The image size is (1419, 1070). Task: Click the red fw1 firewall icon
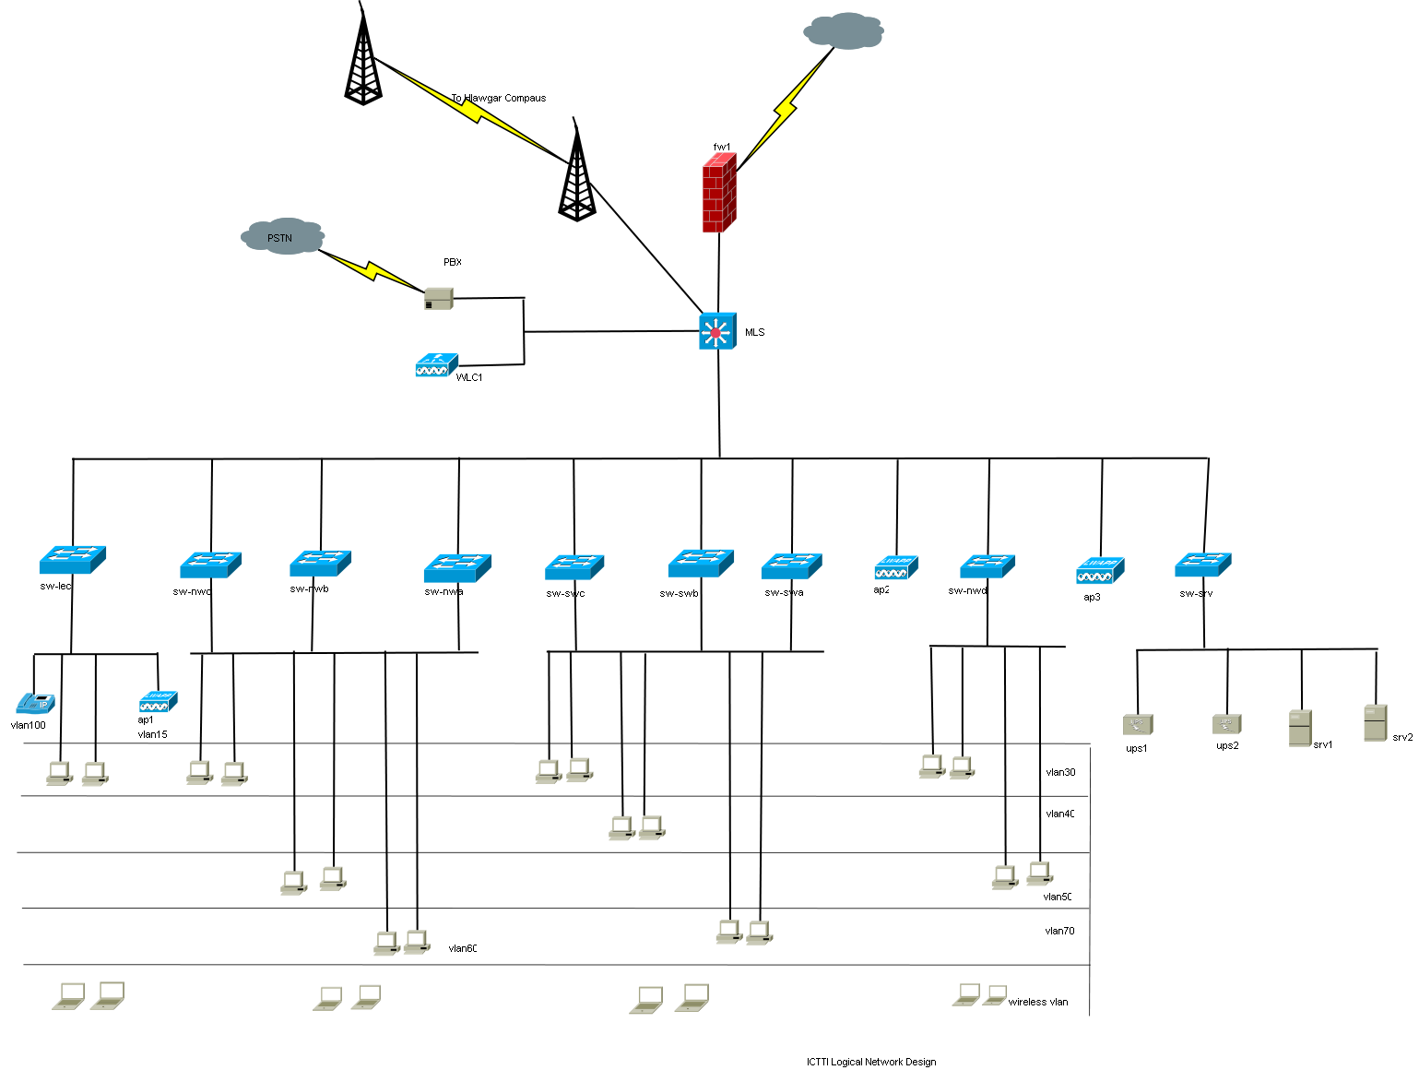719,194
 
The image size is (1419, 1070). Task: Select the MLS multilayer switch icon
717,331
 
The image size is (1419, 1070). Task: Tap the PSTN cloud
282,237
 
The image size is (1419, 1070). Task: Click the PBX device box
439,299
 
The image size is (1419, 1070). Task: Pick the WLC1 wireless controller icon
436,366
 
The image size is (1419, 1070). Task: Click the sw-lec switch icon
72,559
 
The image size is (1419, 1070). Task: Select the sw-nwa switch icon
457,567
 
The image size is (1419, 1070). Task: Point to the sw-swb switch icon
701,563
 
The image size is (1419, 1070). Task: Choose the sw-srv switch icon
1203,564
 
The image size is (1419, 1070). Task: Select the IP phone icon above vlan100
35,703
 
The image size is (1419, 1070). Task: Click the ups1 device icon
1138,725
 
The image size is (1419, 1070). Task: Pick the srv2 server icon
1375,722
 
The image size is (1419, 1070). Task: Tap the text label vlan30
1060,772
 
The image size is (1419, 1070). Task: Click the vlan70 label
1059,931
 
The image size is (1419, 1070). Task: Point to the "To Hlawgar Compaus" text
499,98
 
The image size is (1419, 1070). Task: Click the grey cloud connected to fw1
844,31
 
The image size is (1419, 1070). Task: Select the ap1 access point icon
158,702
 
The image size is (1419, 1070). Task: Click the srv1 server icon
1300,728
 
